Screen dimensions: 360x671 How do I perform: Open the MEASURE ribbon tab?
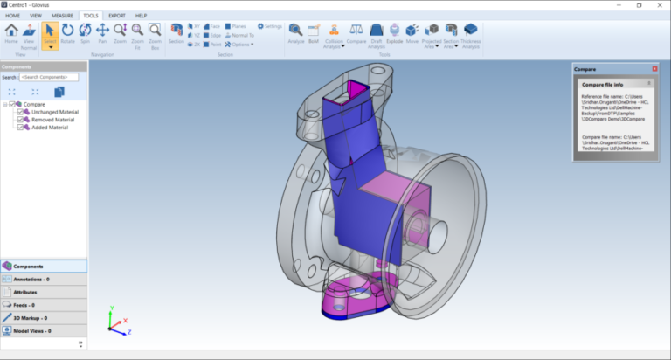(62, 15)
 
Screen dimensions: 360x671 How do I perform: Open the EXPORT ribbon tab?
(116, 15)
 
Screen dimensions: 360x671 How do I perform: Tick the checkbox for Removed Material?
(20, 120)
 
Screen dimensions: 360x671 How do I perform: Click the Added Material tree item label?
(49, 128)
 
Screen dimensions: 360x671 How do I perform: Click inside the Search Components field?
(49, 77)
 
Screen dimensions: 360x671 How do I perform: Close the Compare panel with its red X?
(654, 68)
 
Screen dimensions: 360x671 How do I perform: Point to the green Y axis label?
(113, 308)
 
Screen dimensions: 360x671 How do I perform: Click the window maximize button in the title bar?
(639, 5)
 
